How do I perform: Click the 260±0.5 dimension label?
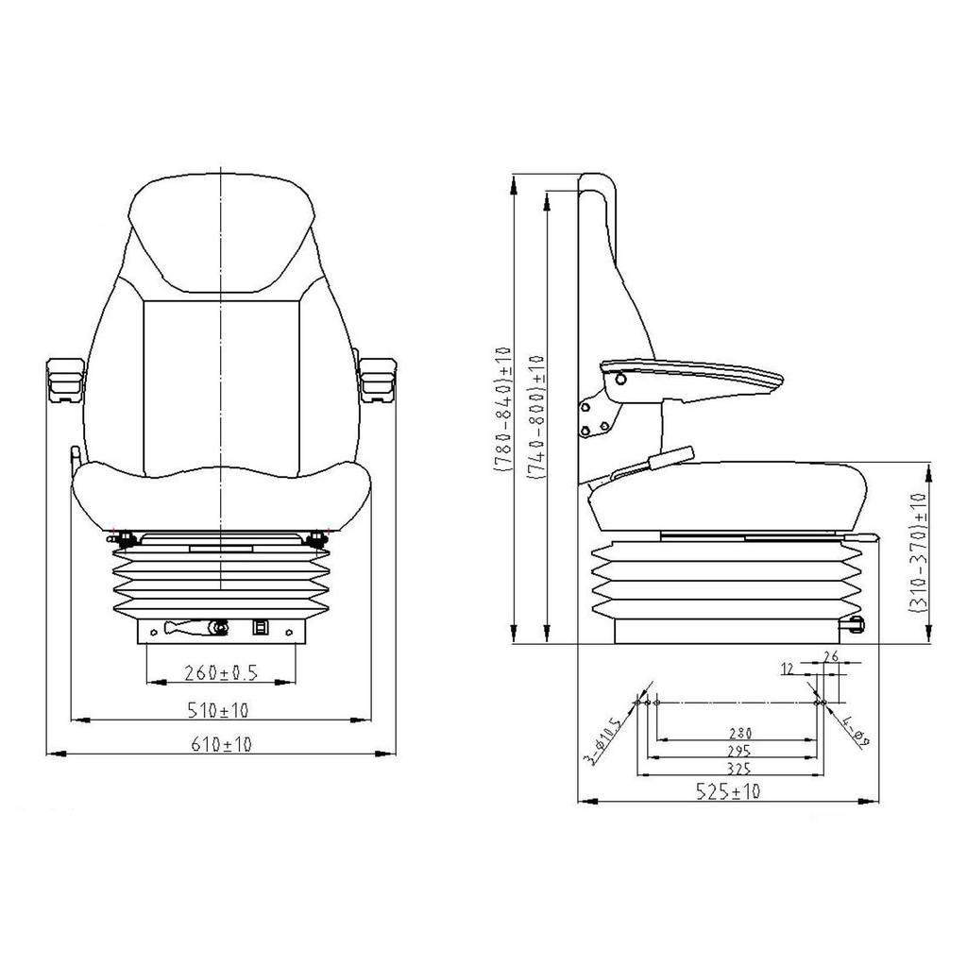point(221,671)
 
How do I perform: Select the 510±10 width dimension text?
point(218,710)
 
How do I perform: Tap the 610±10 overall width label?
point(221,744)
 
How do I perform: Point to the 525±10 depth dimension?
point(728,790)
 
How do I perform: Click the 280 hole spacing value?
point(740,734)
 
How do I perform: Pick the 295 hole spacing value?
point(738,751)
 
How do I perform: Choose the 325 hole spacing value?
point(738,769)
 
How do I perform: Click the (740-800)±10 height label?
point(535,417)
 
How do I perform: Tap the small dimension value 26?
point(831,656)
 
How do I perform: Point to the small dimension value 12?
point(788,669)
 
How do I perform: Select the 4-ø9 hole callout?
point(856,730)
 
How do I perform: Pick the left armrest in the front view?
point(65,380)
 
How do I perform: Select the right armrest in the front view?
point(377,380)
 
